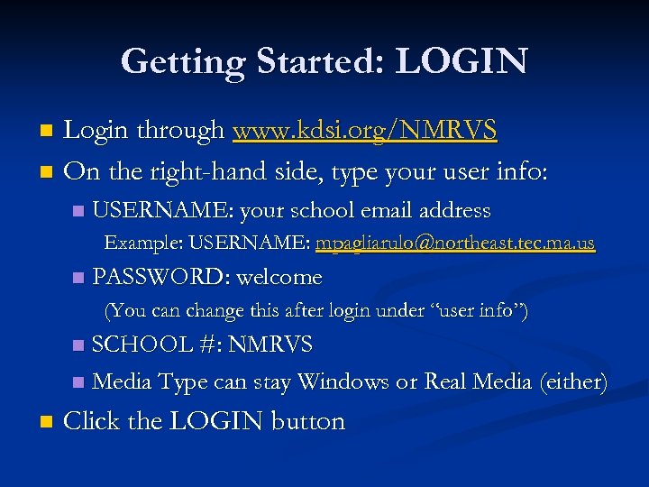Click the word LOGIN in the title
pos(462,61)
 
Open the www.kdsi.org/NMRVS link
pos(364,132)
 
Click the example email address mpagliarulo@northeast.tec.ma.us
pos(455,243)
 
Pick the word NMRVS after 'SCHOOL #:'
pos(270,344)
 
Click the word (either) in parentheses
pos(573,382)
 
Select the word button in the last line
pos(308,421)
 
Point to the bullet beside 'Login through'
pos(47,132)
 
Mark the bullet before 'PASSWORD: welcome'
pos(78,277)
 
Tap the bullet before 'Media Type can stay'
pos(78,383)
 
